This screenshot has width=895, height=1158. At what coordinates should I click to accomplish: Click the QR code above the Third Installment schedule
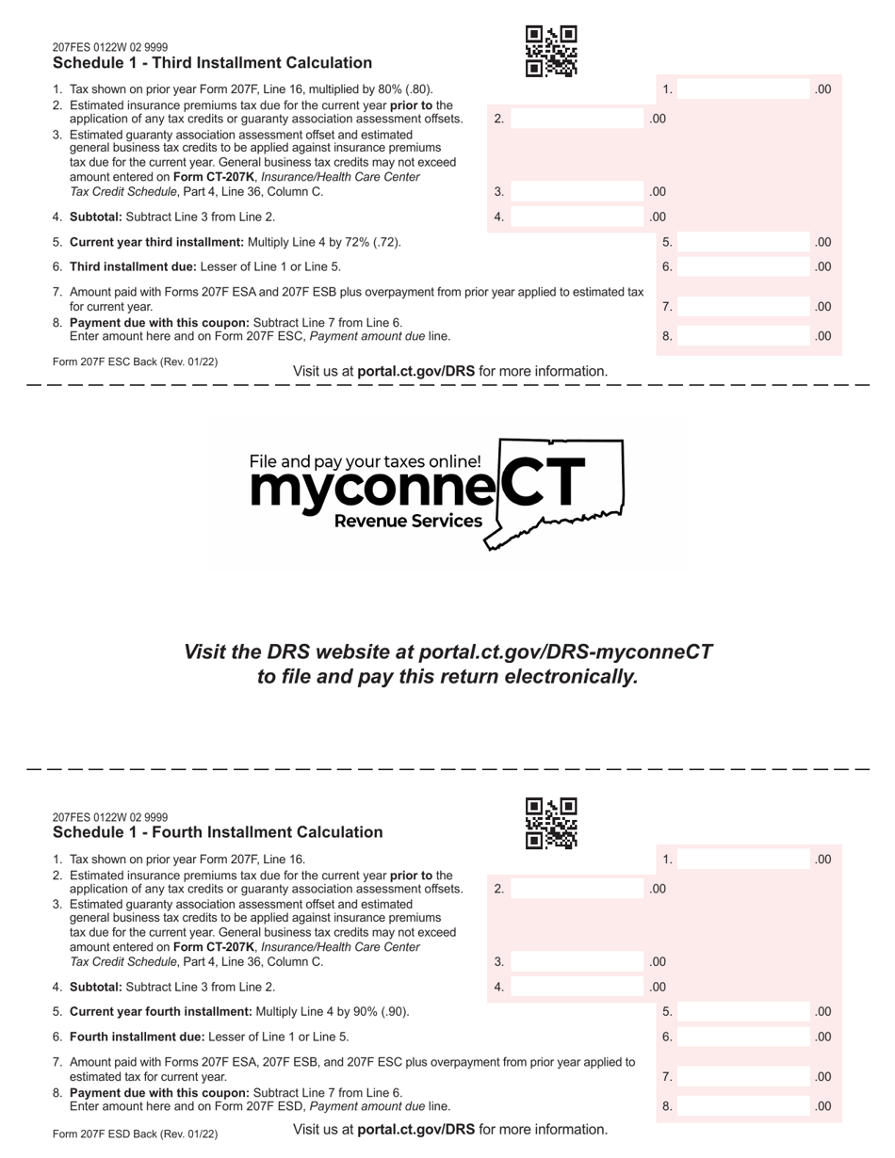(551, 51)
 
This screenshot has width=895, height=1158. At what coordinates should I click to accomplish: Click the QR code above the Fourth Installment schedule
(551, 823)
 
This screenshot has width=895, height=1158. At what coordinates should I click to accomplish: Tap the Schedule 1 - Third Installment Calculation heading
(212, 63)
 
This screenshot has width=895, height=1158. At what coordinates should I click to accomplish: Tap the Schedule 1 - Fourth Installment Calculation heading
(218, 832)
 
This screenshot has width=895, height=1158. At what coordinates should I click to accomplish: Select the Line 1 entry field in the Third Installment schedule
(744, 89)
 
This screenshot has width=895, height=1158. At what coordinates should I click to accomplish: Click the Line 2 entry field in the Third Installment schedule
(577, 119)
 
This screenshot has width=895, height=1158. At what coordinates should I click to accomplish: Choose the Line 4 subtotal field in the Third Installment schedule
(577, 217)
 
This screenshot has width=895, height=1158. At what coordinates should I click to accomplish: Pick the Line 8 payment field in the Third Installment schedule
(744, 336)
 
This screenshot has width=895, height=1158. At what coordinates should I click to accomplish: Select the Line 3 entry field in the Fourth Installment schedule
(577, 962)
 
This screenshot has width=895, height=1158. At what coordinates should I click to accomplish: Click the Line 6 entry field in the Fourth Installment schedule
(744, 1037)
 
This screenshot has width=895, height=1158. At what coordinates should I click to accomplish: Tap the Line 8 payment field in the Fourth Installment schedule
(744, 1106)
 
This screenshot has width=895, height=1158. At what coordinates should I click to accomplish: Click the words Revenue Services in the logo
(409, 522)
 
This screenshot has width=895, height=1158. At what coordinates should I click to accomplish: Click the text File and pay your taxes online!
(365, 461)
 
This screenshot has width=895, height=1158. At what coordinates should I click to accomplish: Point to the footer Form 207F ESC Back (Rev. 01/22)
(135, 362)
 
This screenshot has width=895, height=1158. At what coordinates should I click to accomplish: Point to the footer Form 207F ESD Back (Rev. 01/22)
(135, 1134)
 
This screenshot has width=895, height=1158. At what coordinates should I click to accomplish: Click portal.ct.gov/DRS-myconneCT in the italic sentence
(565, 651)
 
